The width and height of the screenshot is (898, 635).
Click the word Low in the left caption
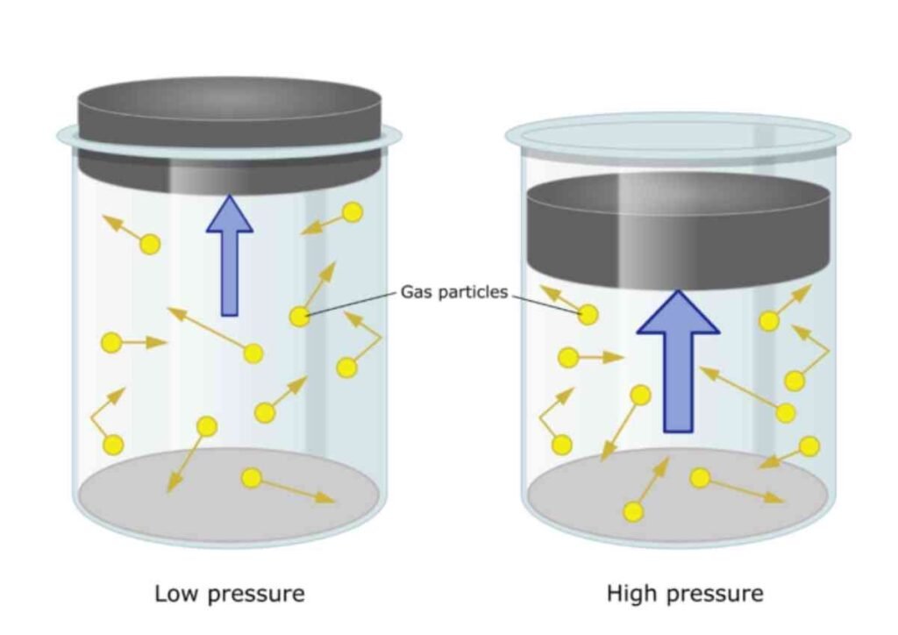(177, 593)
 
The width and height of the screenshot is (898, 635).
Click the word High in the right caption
(631, 594)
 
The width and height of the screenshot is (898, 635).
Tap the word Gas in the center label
(416, 291)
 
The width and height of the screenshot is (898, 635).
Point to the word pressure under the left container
(255, 596)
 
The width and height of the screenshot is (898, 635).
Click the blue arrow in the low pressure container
(230, 255)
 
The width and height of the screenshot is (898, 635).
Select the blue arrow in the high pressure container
(678, 361)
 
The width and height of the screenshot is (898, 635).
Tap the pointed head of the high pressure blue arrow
(678, 291)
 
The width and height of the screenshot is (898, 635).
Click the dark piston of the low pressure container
(229, 135)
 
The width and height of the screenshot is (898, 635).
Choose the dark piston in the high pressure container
(678, 232)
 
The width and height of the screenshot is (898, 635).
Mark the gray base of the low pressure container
(229, 495)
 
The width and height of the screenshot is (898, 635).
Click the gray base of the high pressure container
(678, 495)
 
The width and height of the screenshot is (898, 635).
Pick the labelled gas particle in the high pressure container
(588, 314)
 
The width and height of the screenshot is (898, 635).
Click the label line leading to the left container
(351, 303)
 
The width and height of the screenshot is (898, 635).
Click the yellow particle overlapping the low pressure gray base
(252, 477)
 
